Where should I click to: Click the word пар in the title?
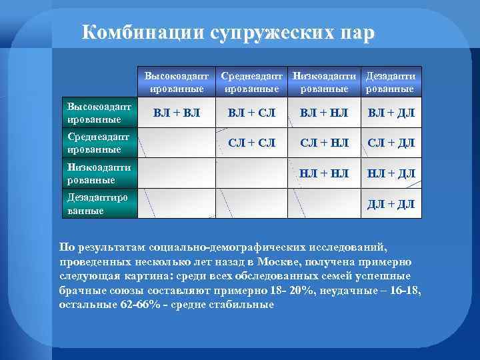tap(353, 33)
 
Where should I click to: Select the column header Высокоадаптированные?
tap(177, 83)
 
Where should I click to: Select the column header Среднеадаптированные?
tap(251, 83)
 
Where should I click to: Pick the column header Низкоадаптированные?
tap(325, 83)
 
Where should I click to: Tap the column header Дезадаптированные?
tap(391, 83)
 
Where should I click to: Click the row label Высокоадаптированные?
tap(99, 113)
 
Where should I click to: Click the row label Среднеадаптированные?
tap(99, 143)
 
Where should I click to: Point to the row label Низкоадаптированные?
tap(99, 173)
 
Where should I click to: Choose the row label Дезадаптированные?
tap(99, 204)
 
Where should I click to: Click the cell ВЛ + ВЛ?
tap(177, 113)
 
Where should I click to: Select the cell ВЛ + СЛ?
tap(251, 113)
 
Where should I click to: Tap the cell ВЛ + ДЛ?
tap(391, 113)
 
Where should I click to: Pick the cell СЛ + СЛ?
tap(251, 143)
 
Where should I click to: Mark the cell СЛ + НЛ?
tap(325, 143)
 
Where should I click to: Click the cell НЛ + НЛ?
tap(325, 173)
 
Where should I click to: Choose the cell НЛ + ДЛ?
tap(391, 173)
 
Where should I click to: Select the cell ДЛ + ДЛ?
tap(391, 204)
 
